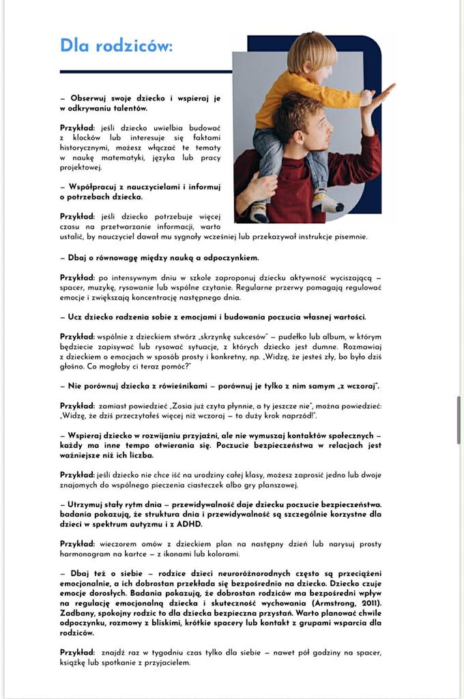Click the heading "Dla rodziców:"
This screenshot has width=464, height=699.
tap(116, 46)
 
